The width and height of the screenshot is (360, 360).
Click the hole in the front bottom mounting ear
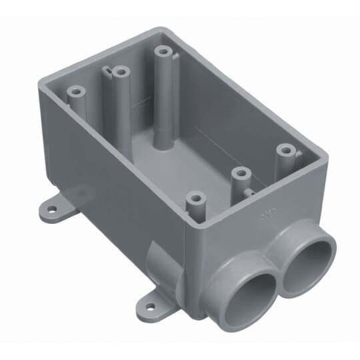[150, 309]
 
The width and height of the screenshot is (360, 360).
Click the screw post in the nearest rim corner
[194, 198]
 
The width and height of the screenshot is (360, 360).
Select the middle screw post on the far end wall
[120, 70]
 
